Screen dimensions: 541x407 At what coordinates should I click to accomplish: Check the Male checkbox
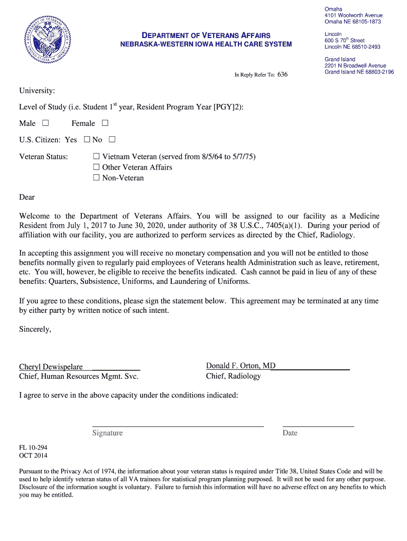pos(45,123)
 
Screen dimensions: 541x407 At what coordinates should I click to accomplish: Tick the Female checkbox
pos(105,123)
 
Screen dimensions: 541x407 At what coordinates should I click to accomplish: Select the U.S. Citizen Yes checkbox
pos(87,140)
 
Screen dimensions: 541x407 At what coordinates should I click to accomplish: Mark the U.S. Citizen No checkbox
pos(112,140)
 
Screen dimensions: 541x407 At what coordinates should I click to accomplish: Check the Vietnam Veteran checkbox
pos(96,157)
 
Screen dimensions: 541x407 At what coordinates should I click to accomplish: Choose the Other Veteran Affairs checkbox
pos(96,167)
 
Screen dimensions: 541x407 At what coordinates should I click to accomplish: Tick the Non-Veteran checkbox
pos(96,178)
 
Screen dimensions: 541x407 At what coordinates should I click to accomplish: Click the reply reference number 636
pos(282,74)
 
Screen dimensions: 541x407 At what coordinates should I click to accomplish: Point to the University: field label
pos(37,91)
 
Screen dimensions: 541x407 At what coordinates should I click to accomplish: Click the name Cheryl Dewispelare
pos(51,367)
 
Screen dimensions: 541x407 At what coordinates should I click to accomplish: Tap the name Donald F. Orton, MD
pos(240,366)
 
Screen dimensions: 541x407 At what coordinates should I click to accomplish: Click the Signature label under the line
pos(107,433)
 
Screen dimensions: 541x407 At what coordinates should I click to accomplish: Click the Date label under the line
pos(290,433)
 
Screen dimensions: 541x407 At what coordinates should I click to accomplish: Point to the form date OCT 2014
pos(33,455)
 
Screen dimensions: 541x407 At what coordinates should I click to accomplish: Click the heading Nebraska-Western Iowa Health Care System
pos(206,44)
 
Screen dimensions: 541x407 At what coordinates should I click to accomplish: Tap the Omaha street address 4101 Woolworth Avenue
pos(353,15)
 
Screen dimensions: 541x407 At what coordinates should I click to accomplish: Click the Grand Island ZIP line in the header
pos(359,72)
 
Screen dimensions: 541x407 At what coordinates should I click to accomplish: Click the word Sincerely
pos(35,329)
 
